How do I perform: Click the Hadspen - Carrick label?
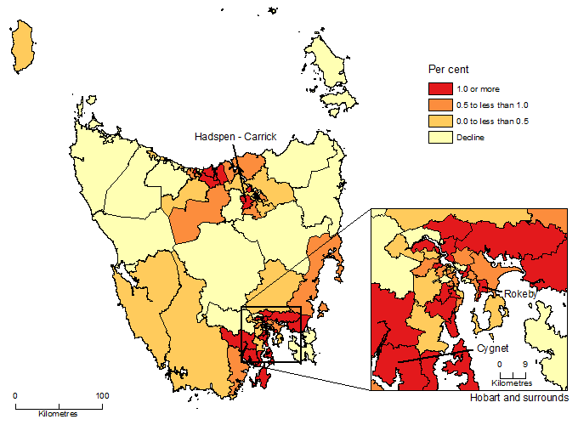coord(235,136)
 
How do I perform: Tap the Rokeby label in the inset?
coord(521,293)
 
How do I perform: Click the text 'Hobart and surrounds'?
coord(518,398)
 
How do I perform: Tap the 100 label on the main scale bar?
coord(102,396)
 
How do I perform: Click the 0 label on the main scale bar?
coord(15,396)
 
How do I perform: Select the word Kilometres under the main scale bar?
coord(59,414)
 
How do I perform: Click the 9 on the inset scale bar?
coord(525,363)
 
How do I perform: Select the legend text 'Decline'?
coord(469,137)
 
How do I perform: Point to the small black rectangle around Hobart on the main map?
coord(271,335)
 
